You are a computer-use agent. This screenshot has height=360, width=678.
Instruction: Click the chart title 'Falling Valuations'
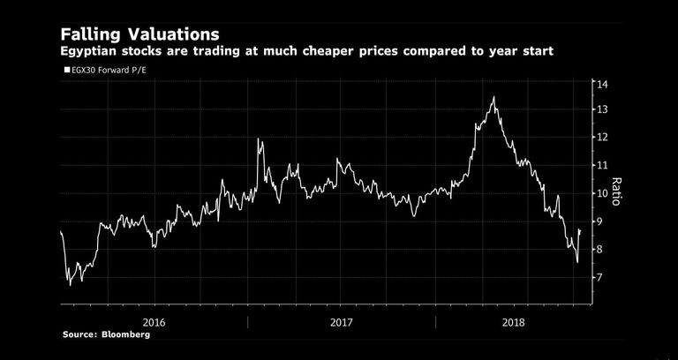click(140, 34)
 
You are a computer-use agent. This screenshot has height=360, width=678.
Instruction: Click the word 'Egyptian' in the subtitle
click(91, 52)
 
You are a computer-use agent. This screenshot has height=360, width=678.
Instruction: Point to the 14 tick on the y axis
click(601, 85)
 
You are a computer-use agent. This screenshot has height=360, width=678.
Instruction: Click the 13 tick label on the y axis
click(601, 109)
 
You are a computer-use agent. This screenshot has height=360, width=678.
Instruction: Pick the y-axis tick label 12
click(601, 138)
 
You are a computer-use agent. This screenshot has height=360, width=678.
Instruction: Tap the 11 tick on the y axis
click(601, 165)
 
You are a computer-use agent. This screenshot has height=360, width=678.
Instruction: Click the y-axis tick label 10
click(601, 193)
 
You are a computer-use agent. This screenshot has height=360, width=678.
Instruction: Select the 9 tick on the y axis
click(599, 221)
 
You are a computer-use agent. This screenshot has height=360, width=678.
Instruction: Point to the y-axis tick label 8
click(599, 250)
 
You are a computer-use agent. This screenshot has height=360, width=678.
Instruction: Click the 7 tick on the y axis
click(599, 278)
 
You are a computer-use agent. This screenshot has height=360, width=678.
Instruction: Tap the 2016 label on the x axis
click(154, 321)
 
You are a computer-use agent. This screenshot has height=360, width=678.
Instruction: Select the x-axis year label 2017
click(342, 321)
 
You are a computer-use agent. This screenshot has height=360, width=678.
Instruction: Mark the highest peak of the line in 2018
click(493, 97)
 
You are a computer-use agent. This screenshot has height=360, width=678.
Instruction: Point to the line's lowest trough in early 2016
click(70, 284)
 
